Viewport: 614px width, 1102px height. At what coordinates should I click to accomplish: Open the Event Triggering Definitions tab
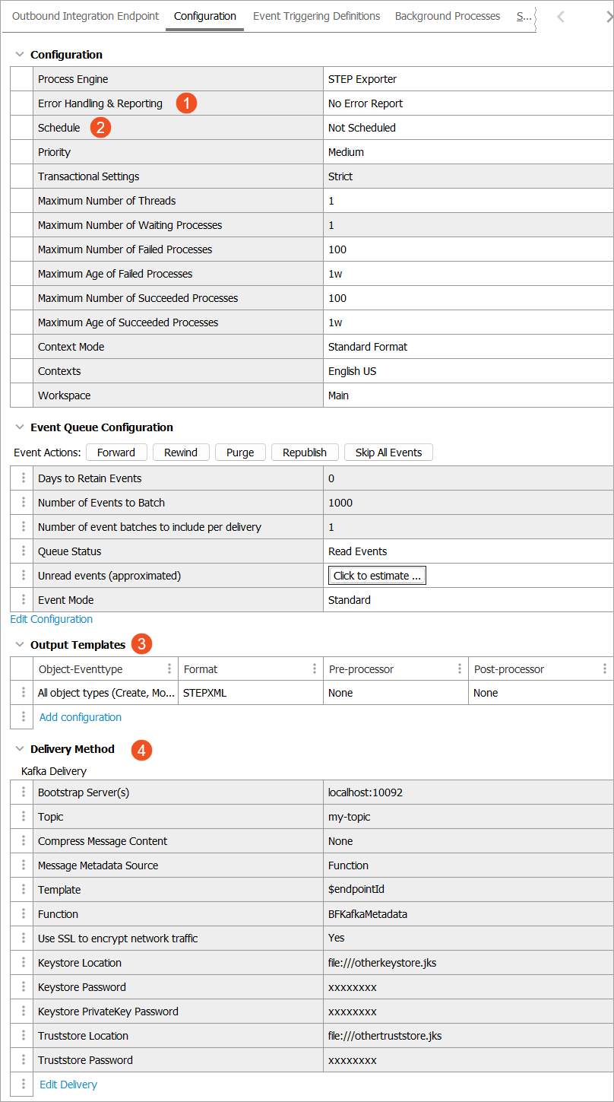[316, 16]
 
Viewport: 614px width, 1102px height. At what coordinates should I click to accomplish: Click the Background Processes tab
[448, 16]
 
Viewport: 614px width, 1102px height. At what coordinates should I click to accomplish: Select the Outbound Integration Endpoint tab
[86, 16]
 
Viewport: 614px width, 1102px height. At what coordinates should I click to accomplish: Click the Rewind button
[181, 453]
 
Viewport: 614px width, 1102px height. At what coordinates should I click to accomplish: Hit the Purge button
[240, 453]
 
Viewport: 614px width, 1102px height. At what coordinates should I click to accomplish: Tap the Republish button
[305, 453]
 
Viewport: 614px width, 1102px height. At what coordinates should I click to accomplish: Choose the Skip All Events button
[388, 453]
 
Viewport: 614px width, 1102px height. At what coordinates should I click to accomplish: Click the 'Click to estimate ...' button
[377, 576]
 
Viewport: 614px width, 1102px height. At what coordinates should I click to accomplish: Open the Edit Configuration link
[52, 619]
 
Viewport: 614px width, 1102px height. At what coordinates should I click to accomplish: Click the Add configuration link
[81, 717]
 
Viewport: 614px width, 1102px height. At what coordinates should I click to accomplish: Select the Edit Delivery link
[68, 1085]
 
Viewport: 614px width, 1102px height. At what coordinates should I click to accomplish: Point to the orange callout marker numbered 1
[186, 103]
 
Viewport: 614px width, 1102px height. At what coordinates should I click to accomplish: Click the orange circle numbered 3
[141, 644]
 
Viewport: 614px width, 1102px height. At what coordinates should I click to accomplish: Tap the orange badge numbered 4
[141, 750]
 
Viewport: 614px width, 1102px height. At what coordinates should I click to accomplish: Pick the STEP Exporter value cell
[362, 79]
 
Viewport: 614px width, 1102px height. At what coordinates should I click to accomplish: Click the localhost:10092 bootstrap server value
[366, 792]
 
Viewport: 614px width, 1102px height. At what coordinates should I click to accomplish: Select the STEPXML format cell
[205, 693]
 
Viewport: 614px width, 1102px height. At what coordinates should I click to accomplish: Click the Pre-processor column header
[362, 669]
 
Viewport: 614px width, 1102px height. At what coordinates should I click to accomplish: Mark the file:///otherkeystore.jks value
[382, 963]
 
